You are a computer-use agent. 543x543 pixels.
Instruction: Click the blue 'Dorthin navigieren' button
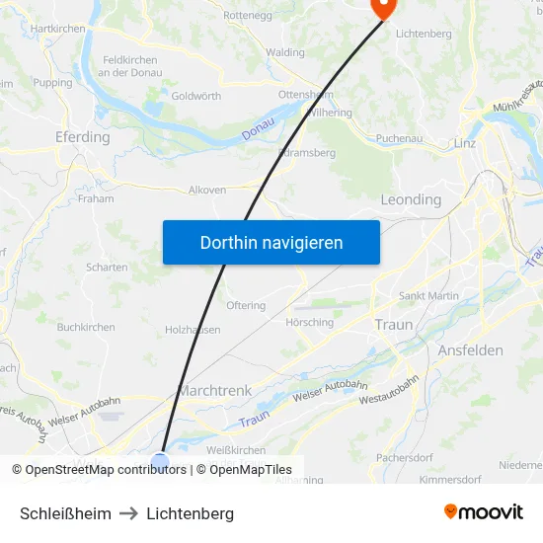pos(271,242)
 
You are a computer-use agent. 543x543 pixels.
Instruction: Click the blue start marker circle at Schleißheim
pos(160,461)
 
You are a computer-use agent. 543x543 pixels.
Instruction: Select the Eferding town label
pos(83,137)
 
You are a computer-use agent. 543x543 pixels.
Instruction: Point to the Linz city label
pos(465,143)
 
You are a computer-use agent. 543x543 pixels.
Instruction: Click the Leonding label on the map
pos(411,199)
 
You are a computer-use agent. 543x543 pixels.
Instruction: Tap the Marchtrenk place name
pos(215,391)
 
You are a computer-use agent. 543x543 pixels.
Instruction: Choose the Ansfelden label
pos(470,350)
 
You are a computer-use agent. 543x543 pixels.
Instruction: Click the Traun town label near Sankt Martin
pos(394,324)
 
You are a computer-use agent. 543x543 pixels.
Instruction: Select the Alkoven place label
pos(207,190)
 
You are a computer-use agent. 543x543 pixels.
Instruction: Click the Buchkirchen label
pos(86,327)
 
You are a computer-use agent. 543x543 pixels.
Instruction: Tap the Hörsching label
pos(308,323)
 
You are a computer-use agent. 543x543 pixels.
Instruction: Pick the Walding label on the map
pos(285,52)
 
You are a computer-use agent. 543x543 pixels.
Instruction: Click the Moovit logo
pos(484,512)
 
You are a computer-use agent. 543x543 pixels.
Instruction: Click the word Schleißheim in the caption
pos(65,513)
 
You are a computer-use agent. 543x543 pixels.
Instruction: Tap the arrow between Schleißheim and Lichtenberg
pos(129,513)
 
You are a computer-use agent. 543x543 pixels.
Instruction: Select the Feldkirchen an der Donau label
pos(129,66)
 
